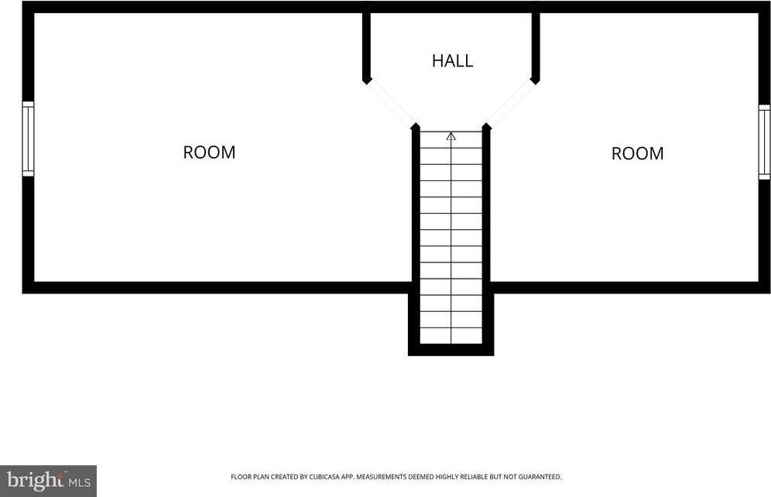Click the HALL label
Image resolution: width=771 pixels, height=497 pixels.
[x=452, y=60]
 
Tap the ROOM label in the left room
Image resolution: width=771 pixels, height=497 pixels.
[x=209, y=153]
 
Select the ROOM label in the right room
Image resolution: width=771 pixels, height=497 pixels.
[x=637, y=153]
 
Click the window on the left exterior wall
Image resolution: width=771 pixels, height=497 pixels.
[x=28, y=139]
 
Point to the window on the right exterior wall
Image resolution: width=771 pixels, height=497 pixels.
[x=764, y=142]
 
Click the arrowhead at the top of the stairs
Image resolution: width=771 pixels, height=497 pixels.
[x=451, y=136]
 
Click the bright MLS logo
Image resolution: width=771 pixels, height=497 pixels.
[x=48, y=481]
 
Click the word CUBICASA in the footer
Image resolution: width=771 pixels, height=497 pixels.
[x=324, y=477]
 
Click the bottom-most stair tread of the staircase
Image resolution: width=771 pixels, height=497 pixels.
[x=451, y=336]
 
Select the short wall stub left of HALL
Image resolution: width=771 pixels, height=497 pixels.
[x=366, y=48]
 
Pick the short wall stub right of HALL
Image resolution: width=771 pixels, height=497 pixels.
[x=536, y=48]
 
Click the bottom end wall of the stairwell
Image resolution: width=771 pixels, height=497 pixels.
[x=451, y=349]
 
